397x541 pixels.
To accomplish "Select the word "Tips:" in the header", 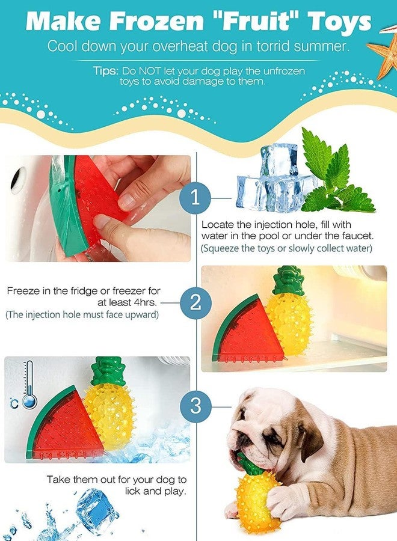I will (105, 70).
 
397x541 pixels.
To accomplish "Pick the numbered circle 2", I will (195, 301).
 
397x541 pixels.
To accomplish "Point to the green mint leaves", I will (337, 174).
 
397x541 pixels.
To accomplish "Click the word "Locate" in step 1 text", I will (216, 224).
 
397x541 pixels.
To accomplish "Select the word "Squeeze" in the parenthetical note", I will (223, 248).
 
